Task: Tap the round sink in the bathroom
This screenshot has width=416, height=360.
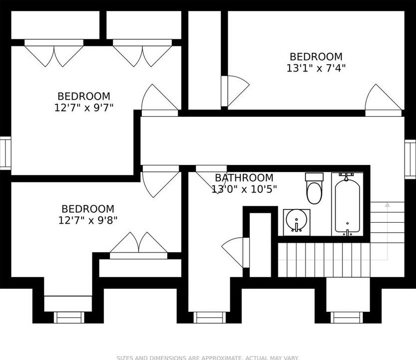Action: coord(297,221)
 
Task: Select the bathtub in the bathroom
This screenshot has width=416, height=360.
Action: coord(347,204)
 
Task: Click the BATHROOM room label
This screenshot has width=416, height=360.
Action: coord(244,178)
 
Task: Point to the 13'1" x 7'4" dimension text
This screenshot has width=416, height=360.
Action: coord(316,69)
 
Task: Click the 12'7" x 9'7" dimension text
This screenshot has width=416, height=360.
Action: coord(84,108)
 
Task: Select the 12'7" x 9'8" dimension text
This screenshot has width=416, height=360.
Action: coord(88,220)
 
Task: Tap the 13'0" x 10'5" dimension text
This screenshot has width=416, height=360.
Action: coord(244,189)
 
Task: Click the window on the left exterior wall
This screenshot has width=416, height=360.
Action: coord(5,153)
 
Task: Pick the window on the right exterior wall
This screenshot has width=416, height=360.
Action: coord(411,158)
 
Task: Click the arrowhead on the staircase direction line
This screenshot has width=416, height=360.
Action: coord(388,204)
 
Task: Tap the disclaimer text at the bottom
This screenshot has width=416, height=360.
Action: coord(208,357)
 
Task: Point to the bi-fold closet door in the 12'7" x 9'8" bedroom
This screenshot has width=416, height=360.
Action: coord(138,245)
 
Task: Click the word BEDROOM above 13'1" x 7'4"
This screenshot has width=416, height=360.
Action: coord(316,57)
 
